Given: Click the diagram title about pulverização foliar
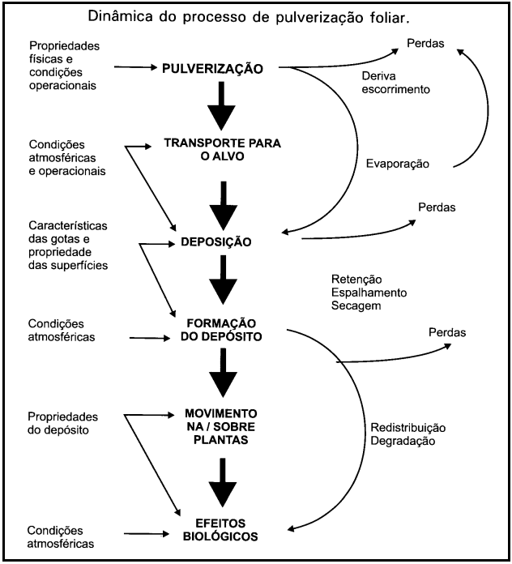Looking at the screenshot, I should click(x=255, y=15).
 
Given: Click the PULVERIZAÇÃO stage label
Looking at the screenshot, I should click(x=212, y=68).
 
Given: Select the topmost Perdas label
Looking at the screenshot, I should click(x=425, y=43).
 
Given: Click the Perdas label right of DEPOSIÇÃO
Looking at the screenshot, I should click(x=437, y=207).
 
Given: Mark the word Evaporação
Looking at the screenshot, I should click(x=396, y=164).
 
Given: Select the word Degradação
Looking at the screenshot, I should click(x=403, y=442).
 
